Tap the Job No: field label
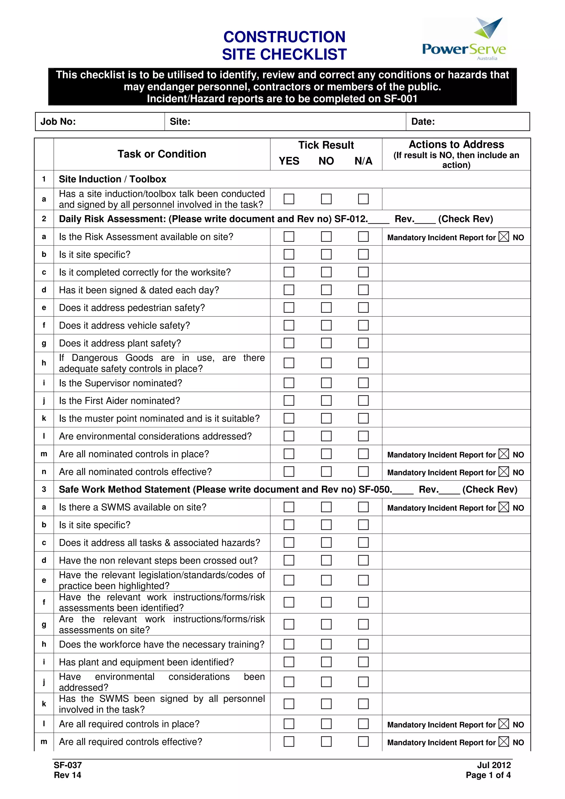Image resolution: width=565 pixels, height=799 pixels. [x=58, y=122]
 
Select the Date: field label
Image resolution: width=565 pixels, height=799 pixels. [x=423, y=122]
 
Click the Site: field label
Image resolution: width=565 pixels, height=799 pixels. [x=180, y=122]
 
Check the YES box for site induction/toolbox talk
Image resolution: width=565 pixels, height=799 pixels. [x=289, y=199]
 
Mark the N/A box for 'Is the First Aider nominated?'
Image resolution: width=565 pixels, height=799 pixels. [x=363, y=401]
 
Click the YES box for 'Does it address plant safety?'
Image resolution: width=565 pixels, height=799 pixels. [x=289, y=343]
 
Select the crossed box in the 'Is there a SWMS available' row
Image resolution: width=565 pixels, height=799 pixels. [x=503, y=507]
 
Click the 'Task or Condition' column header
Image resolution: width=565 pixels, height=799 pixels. [x=162, y=154]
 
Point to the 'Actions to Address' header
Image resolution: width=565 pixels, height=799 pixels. [x=456, y=144]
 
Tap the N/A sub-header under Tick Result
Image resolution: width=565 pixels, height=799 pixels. [x=363, y=161]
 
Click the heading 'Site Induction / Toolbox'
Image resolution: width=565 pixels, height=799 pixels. [x=113, y=179]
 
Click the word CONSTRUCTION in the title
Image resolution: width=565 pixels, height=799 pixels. [x=284, y=37]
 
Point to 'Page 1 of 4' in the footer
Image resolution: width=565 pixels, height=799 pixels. [x=488, y=775]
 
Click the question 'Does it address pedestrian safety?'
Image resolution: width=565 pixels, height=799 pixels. [x=132, y=308]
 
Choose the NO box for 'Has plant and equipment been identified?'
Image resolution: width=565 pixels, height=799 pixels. [x=326, y=662]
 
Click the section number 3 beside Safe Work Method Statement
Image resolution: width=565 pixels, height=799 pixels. [x=44, y=489]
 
